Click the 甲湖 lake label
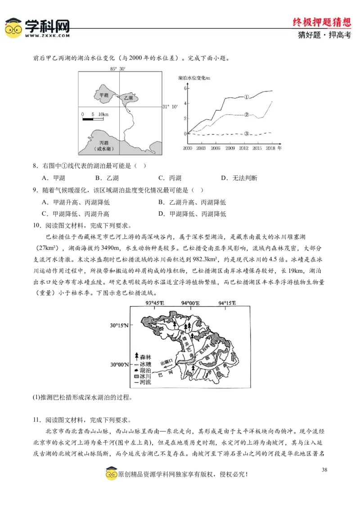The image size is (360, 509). tap(104, 95)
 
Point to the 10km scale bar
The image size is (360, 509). tap(93, 119)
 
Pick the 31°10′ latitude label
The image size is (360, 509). tap(171, 107)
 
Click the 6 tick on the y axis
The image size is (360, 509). tap(184, 88)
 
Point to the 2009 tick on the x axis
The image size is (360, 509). tap(230, 148)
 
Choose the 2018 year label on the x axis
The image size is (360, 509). tap(271, 148)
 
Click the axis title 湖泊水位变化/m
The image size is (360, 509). tap(194, 78)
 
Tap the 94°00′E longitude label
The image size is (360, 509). tap(190, 303)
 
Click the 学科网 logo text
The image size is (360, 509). tap(47, 26)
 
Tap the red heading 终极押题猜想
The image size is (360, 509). tap(321, 22)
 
